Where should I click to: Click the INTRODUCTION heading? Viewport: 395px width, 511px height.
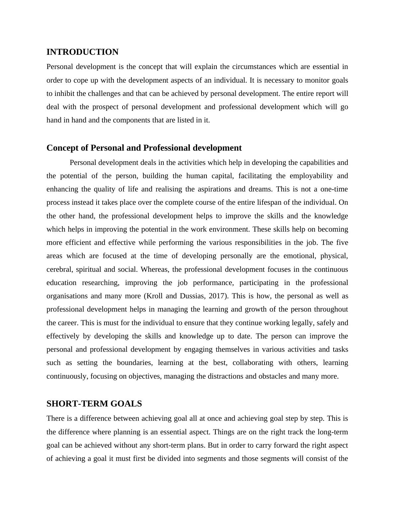tap(82, 52)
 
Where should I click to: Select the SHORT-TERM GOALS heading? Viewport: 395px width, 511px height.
tap(94, 404)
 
